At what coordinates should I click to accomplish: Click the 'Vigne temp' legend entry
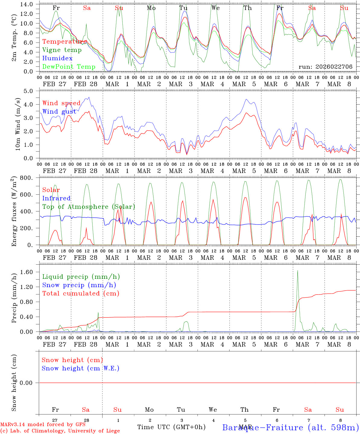point(62,50)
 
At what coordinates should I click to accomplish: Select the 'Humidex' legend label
point(57,58)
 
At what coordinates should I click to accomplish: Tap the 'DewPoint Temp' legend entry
point(69,67)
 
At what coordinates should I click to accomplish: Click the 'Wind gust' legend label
point(59,112)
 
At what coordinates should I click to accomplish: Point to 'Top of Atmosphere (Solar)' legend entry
point(89,207)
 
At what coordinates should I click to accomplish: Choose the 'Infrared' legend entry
point(56,198)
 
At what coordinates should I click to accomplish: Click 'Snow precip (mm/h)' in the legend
point(79,285)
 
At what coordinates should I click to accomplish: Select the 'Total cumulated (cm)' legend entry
point(81,294)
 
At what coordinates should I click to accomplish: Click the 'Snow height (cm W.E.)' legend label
point(81,368)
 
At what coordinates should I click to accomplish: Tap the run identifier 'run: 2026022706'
point(325,67)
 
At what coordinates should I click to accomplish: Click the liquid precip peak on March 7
point(298,271)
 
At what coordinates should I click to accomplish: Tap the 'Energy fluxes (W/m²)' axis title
point(14,212)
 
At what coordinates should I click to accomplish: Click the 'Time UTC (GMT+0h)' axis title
point(171,427)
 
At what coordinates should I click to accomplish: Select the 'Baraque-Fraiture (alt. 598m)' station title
point(291,427)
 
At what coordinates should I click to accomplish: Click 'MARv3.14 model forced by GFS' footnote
point(43,425)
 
